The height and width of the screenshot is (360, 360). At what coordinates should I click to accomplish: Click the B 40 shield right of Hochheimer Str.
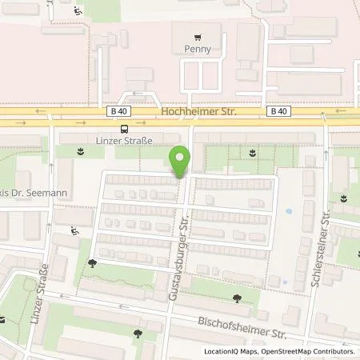(x=278, y=112)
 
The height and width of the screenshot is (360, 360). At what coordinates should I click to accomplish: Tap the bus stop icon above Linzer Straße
(x=123, y=128)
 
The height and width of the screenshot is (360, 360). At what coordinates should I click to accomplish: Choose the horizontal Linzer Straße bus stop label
(x=123, y=141)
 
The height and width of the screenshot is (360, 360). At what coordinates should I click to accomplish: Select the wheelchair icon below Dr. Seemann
(x=74, y=230)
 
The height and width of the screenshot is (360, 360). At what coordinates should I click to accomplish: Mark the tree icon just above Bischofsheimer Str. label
(x=236, y=298)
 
